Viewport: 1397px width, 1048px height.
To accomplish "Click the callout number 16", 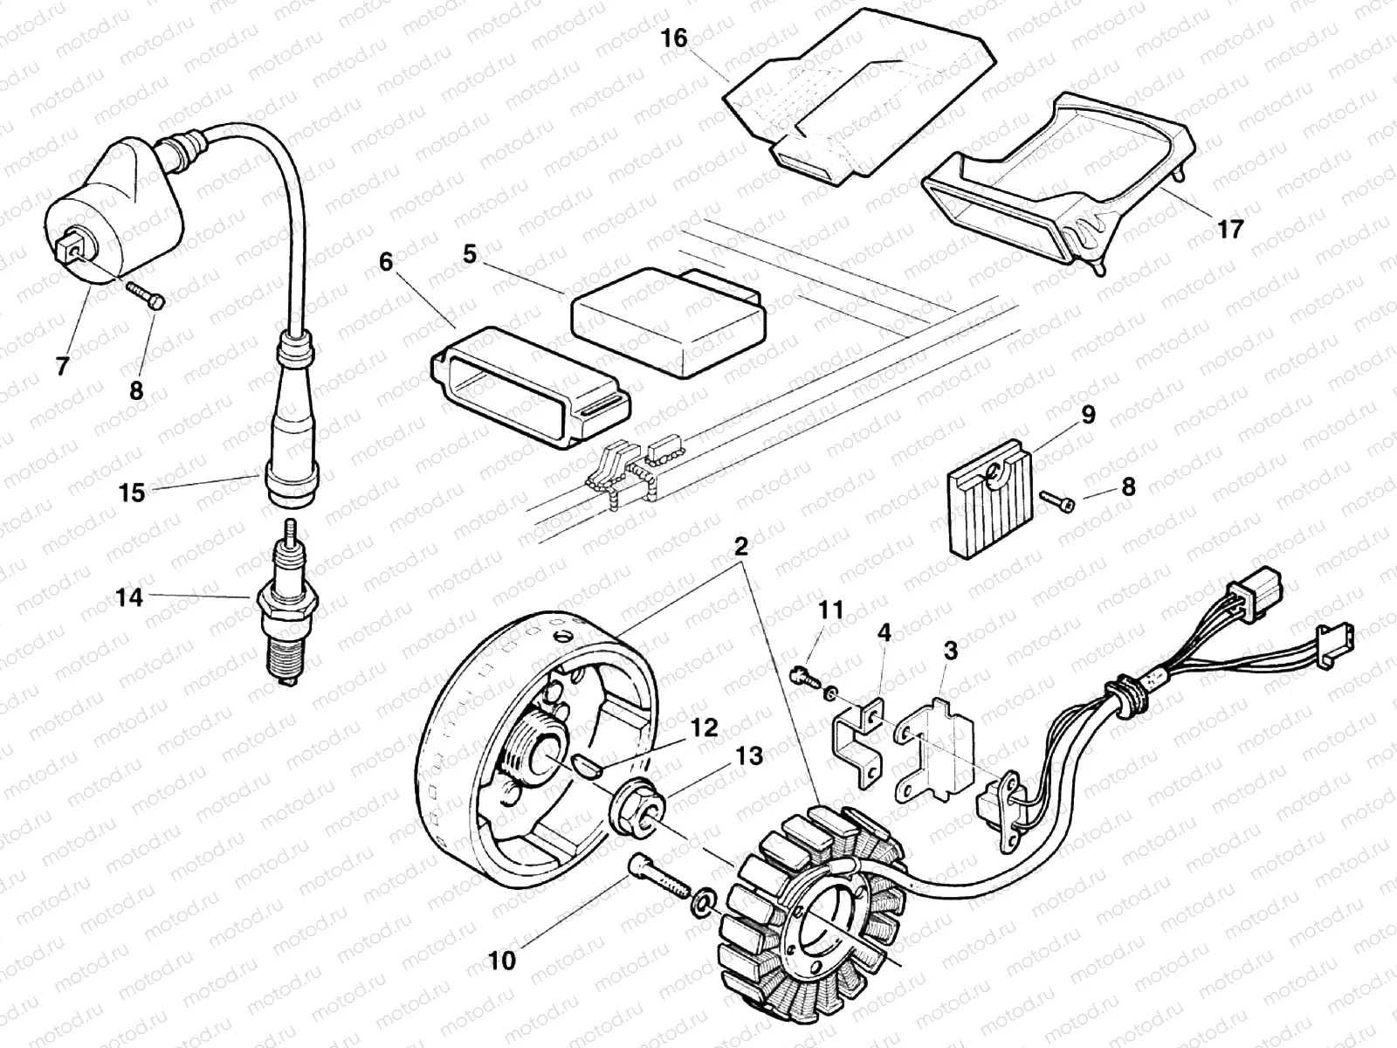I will click(674, 38).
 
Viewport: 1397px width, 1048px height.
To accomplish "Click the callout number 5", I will click(471, 255).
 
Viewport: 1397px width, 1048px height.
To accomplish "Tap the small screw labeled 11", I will click(803, 676).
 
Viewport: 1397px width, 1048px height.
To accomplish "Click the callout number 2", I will click(740, 548).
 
